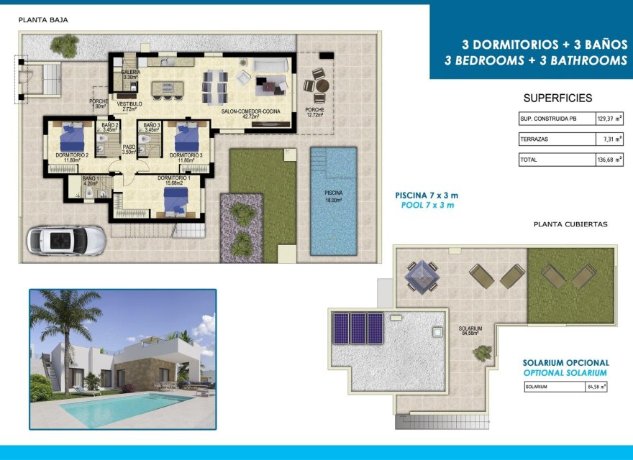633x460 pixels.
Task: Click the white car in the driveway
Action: tap(66, 240)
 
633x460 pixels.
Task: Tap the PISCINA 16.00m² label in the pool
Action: tap(333, 196)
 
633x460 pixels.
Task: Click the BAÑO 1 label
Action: tap(90, 180)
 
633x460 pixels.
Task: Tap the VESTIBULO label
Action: tap(129, 105)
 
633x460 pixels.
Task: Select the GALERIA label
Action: tap(130, 74)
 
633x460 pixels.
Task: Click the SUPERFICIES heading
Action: tap(557, 98)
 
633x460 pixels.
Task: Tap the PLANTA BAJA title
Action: tap(43, 20)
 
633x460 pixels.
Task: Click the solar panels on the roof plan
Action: tap(357, 328)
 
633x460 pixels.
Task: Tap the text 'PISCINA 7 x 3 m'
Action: tap(426, 195)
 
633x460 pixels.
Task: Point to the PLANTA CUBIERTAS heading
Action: tap(570, 224)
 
